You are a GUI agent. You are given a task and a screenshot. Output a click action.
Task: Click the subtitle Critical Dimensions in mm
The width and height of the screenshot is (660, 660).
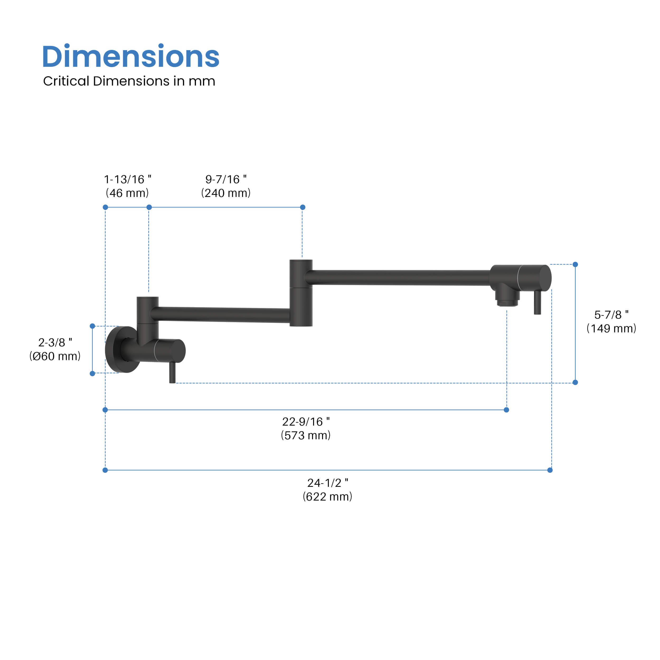click(129, 81)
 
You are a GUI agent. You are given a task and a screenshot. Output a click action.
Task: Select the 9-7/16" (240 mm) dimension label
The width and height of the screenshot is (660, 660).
click(226, 186)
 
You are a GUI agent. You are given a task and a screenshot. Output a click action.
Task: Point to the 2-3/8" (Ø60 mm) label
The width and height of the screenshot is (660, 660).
click(55, 349)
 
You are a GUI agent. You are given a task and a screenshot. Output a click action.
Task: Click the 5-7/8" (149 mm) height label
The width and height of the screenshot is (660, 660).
click(611, 322)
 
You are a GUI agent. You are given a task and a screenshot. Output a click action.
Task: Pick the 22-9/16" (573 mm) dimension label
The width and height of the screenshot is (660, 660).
click(305, 428)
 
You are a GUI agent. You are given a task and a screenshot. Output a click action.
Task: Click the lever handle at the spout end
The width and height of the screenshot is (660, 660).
click(537, 302)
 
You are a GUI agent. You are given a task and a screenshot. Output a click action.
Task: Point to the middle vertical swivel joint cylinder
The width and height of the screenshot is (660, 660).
click(301, 293)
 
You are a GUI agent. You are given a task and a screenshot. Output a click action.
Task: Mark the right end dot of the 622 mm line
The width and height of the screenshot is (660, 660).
click(550, 470)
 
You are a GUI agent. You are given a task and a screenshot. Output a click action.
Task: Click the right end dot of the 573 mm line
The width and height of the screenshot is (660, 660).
click(506, 410)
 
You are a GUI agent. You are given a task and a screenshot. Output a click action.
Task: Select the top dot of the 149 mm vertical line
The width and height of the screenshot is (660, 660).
click(575, 265)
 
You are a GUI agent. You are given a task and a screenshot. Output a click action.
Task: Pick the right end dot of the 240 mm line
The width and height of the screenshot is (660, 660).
click(303, 207)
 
